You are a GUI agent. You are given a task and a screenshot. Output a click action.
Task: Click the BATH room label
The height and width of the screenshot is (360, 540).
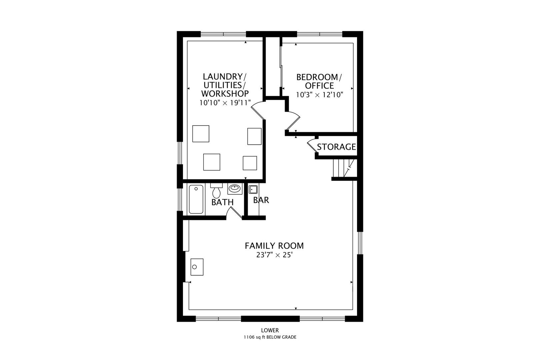point(222,202)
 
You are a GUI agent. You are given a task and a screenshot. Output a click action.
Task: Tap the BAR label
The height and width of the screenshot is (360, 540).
point(261,200)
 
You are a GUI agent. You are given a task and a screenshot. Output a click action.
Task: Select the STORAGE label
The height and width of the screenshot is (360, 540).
point(336,147)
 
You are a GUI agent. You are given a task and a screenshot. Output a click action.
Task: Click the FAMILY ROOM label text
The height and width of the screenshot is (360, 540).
point(274,246)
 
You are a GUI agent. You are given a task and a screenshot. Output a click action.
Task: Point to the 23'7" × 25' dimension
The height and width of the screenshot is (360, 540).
point(274,255)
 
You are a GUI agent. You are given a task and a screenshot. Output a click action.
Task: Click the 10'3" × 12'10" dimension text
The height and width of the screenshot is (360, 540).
point(319,95)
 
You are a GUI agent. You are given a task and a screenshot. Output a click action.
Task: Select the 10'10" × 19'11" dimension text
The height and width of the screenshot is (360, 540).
point(225,103)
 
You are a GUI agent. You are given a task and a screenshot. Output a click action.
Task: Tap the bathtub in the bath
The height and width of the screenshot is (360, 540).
point(196,199)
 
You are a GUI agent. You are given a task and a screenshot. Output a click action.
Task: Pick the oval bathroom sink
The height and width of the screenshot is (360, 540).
point(235,188)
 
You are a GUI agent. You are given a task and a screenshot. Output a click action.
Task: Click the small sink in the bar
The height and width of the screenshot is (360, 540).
point(253,189)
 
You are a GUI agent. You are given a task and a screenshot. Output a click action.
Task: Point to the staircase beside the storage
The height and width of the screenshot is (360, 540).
point(343,169)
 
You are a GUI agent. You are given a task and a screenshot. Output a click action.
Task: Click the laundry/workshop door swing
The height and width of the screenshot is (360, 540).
point(258,110)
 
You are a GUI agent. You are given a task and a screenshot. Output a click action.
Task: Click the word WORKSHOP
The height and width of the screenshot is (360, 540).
point(225,94)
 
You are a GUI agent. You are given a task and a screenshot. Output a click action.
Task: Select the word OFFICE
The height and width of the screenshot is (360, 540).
point(319,86)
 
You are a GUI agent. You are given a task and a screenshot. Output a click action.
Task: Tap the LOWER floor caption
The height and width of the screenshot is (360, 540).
point(270,330)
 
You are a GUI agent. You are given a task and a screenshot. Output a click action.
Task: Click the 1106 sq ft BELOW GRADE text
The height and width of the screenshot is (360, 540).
point(270,337)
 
